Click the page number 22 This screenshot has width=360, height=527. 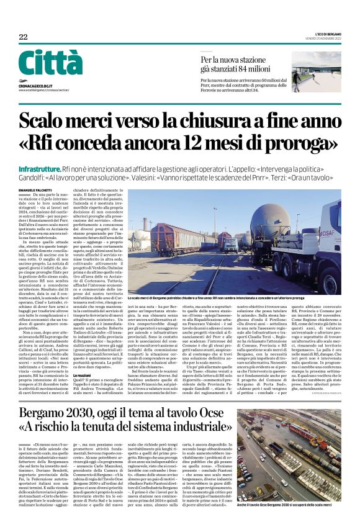(23, 37)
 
